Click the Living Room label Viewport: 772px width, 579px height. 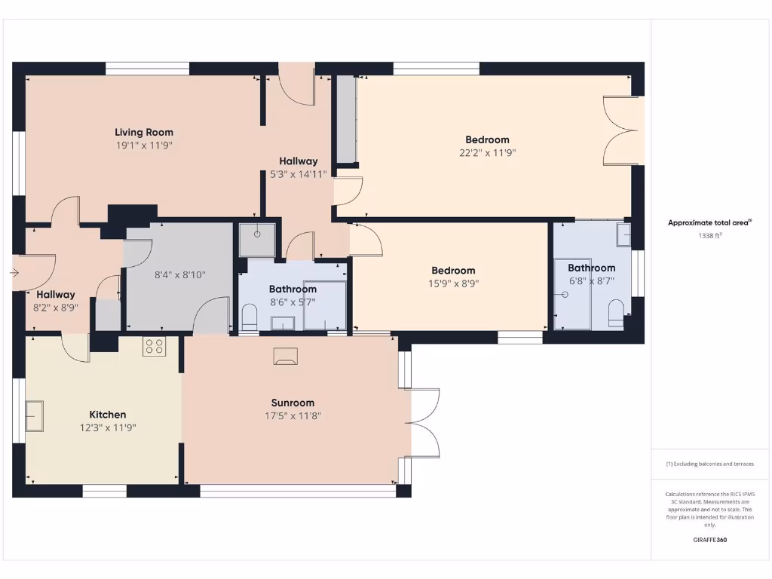(x=144, y=133)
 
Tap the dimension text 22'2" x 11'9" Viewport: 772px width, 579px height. (x=487, y=152)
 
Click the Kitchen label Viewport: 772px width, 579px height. (x=108, y=415)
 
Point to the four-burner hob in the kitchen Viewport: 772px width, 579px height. (x=155, y=347)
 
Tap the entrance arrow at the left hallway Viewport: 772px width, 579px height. (x=15, y=273)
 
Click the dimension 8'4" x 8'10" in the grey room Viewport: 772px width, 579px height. (x=179, y=275)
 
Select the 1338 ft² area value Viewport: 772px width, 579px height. (x=709, y=236)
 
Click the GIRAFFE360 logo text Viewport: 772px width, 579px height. (x=709, y=540)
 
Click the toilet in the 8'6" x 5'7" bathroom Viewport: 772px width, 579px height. (x=250, y=317)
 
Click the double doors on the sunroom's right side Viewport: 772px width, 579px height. (x=424, y=423)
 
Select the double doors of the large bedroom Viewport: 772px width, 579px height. (x=623, y=130)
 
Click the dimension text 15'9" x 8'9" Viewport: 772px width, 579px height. (x=453, y=284)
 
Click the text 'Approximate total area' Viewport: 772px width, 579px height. (x=708, y=222)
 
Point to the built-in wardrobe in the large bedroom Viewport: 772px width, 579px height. (x=346, y=119)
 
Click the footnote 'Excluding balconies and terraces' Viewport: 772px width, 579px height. (x=709, y=464)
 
